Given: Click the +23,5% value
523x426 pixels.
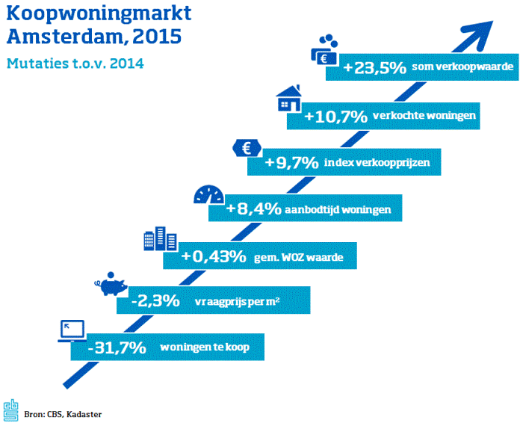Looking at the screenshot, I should click(374, 68).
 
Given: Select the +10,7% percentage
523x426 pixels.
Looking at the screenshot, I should click(335, 116).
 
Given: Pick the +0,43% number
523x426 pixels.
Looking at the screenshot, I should click(214, 256).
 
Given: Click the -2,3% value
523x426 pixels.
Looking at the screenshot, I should click(155, 301).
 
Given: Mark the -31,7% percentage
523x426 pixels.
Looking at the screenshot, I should click(116, 348).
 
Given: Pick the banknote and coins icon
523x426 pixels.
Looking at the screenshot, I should click(324, 51).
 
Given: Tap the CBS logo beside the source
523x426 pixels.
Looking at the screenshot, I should click(10, 409).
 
